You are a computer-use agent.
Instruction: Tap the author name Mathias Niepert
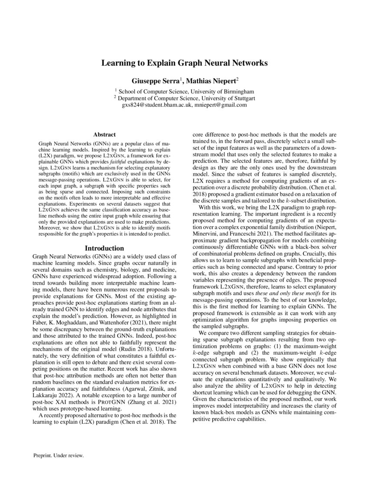[x=211, y=81]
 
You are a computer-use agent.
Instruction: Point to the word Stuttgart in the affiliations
[x=244, y=98]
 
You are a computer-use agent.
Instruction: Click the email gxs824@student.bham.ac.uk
[x=155, y=105]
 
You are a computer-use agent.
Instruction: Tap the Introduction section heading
[x=104, y=248]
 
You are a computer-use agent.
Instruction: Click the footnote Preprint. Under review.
[x=58, y=455]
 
